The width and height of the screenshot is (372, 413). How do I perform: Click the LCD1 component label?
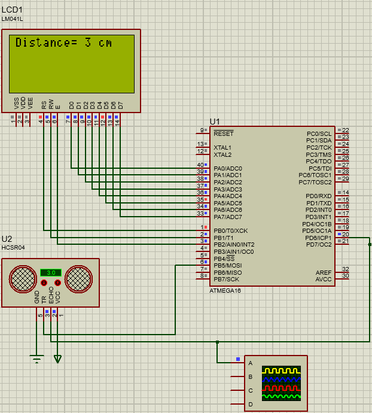(13, 10)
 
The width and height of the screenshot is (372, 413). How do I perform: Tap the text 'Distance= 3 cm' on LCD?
(63, 43)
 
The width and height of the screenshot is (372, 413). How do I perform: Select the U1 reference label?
(215, 121)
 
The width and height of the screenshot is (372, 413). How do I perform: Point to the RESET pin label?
(223, 133)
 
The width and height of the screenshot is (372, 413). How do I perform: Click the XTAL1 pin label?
(222, 147)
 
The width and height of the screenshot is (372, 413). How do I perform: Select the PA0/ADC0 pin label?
(227, 168)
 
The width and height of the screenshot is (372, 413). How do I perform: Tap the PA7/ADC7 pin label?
(227, 217)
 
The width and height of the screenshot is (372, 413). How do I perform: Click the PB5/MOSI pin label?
(228, 265)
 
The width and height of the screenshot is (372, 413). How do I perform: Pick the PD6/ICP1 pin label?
(318, 238)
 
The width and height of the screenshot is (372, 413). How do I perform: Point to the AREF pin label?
(324, 272)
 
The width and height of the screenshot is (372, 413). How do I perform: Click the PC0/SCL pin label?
(319, 133)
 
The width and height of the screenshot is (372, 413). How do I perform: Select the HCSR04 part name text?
(13, 247)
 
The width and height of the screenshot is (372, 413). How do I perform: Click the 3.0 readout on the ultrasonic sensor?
(51, 272)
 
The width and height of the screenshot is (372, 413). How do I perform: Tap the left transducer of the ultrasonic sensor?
(23, 278)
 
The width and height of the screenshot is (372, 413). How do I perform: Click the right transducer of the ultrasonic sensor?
(78, 278)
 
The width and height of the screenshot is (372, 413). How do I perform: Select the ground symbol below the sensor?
(37, 359)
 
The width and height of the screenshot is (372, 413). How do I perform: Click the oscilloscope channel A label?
(251, 363)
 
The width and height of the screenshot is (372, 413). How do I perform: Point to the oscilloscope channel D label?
(251, 405)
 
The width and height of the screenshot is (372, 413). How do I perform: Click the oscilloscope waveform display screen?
(282, 384)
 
